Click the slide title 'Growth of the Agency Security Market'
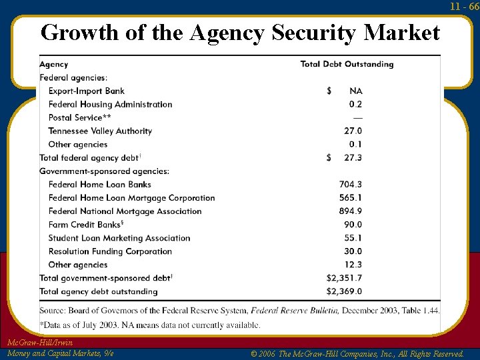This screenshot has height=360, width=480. coord(240,32)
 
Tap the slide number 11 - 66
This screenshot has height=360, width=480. coord(464,6)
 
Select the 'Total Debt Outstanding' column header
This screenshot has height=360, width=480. coord(347,65)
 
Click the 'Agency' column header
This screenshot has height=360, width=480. coord(54,65)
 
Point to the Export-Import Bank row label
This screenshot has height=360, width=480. coord(86,91)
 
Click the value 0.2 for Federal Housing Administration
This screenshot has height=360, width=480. coord(355,105)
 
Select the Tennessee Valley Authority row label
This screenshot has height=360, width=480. coord(100,131)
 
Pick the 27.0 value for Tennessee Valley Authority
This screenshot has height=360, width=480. coord(353,131)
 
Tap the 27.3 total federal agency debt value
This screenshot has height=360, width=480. coord(353,158)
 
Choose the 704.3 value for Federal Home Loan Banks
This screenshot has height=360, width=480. coord(351,185)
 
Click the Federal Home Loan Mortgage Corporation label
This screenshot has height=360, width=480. coord(131,198)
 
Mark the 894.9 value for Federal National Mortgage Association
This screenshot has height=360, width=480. coord(351,211)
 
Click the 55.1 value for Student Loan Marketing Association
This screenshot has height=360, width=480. coord(353,238)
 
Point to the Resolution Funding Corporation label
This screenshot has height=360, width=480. coord(110,251)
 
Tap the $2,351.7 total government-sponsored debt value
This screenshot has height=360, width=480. coord(344,278)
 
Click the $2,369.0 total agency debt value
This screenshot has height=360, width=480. coord(344,291)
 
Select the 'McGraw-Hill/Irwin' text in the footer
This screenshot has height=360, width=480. coord(39,343)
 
